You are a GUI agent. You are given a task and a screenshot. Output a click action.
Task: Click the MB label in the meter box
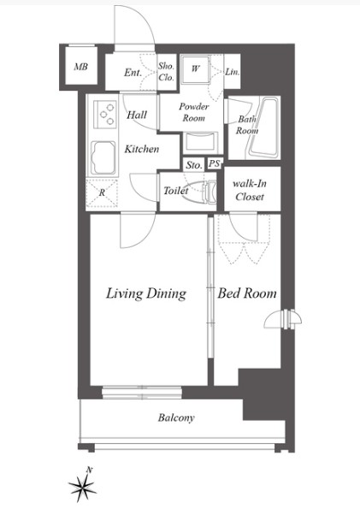[81, 67]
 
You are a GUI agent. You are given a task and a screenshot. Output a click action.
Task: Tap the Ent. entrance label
[133, 73]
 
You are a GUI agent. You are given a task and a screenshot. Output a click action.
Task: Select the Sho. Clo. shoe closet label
[166, 72]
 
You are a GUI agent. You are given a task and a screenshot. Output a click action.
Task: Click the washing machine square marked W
[196, 69]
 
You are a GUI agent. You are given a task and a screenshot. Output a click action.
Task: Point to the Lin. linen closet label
[233, 72]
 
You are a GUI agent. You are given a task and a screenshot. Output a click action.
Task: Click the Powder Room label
[194, 112]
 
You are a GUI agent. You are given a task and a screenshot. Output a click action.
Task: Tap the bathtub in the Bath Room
[263, 127]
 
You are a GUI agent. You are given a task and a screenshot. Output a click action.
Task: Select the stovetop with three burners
[105, 114]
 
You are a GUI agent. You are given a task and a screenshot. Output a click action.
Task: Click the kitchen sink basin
[103, 157]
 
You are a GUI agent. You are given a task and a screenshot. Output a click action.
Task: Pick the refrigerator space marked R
[102, 192]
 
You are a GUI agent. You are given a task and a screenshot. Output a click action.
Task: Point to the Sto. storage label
[194, 165]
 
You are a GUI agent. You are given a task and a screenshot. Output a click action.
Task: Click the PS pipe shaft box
[215, 163]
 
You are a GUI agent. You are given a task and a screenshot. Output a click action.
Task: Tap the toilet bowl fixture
[201, 192]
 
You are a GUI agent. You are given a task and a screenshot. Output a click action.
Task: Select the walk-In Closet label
[250, 190]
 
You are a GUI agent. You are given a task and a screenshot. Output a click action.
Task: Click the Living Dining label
[146, 293]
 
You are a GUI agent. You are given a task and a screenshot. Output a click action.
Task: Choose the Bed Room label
[247, 293]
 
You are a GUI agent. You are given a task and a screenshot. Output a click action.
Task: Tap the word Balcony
[176, 417]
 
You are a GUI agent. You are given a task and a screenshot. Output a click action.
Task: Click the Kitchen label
[142, 149]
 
